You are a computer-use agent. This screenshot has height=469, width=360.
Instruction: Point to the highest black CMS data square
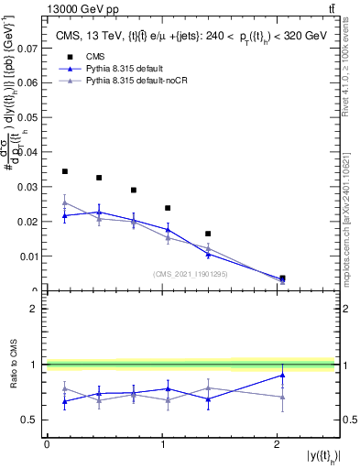65,171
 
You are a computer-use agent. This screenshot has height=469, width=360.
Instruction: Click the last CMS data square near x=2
282,278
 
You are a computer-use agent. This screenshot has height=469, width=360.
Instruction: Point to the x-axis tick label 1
163,443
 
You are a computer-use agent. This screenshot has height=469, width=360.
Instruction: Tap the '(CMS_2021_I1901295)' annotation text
190,274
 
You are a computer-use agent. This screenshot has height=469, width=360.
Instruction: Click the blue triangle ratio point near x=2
282,375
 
